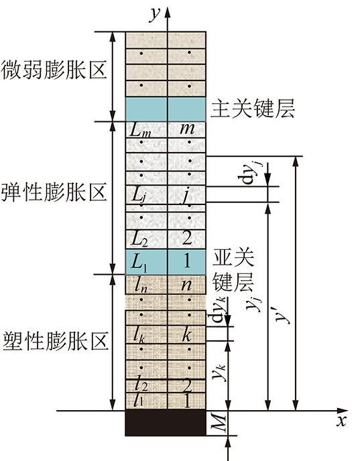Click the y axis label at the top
pyautogui.click(x=155, y=15)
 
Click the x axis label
pyautogui.click(x=342, y=421)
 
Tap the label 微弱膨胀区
pyautogui.click(x=54, y=70)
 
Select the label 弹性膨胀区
pyautogui.click(x=54, y=192)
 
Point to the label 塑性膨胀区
pyautogui.click(x=55, y=341)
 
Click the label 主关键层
pyautogui.click(x=253, y=109)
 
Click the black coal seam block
pyautogui.click(x=166, y=423)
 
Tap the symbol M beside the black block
pyautogui.click(x=219, y=423)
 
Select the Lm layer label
pyautogui.click(x=140, y=130)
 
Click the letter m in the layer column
pyautogui.click(x=187, y=129)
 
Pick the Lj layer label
pyautogui.click(x=139, y=195)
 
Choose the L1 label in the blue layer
pyautogui.click(x=139, y=262)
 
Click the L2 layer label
pyautogui.click(x=139, y=239)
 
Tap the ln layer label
pyautogui.click(x=141, y=285)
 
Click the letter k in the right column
pyautogui.click(x=186, y=334)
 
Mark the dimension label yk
pyautogui.click(x=219, y=372)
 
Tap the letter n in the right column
pyautogui.click(x=186, y=285)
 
